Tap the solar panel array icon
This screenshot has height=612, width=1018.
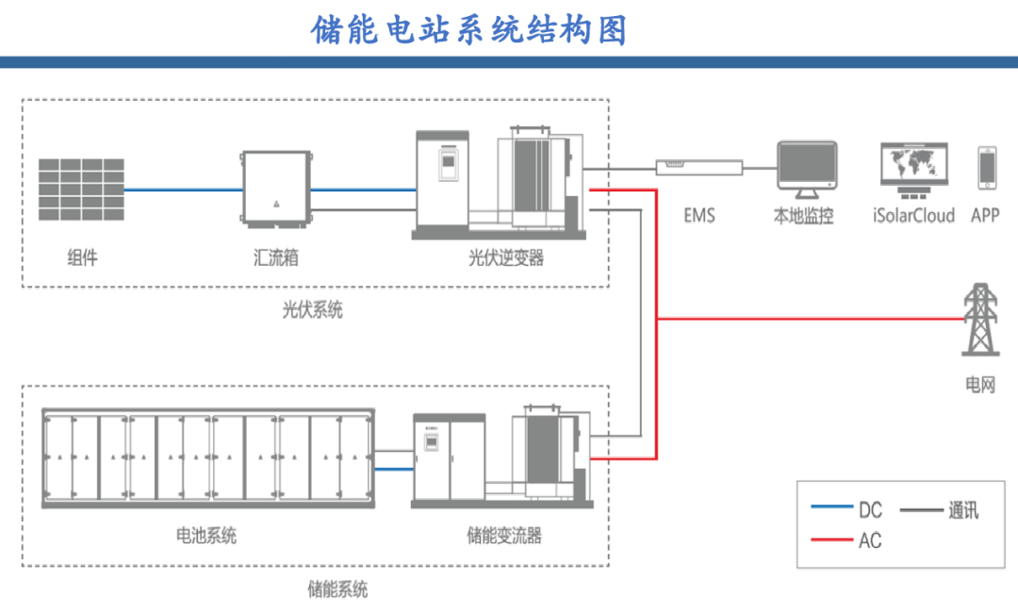(81, 190)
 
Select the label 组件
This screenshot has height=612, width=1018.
(82, 257)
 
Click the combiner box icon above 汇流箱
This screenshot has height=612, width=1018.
(276, 190)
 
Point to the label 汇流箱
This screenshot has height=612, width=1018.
(276, 257)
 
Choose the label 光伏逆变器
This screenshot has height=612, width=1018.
(506, 257)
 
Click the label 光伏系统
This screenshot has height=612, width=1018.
(313, 309)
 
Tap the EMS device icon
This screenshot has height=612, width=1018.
(698, 167)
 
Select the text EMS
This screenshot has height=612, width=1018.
(699, 216)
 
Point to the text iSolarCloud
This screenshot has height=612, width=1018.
(913, 216)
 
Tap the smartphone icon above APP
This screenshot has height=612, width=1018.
(986, 169)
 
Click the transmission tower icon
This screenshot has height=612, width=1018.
(981, 321)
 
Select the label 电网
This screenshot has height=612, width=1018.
(979, 386)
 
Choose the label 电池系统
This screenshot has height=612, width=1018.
(206, 536)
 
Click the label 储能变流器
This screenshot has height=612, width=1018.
(504, 536)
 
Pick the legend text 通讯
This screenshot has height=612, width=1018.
(962, 510)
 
